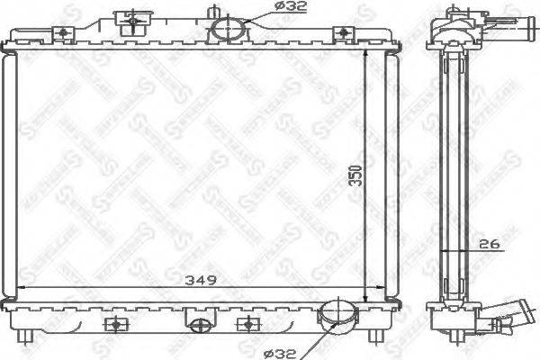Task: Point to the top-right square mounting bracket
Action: [342, 34]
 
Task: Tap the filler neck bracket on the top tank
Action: [131, 20]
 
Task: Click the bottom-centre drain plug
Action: [197, 321]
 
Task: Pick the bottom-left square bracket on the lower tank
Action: [113, 324]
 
